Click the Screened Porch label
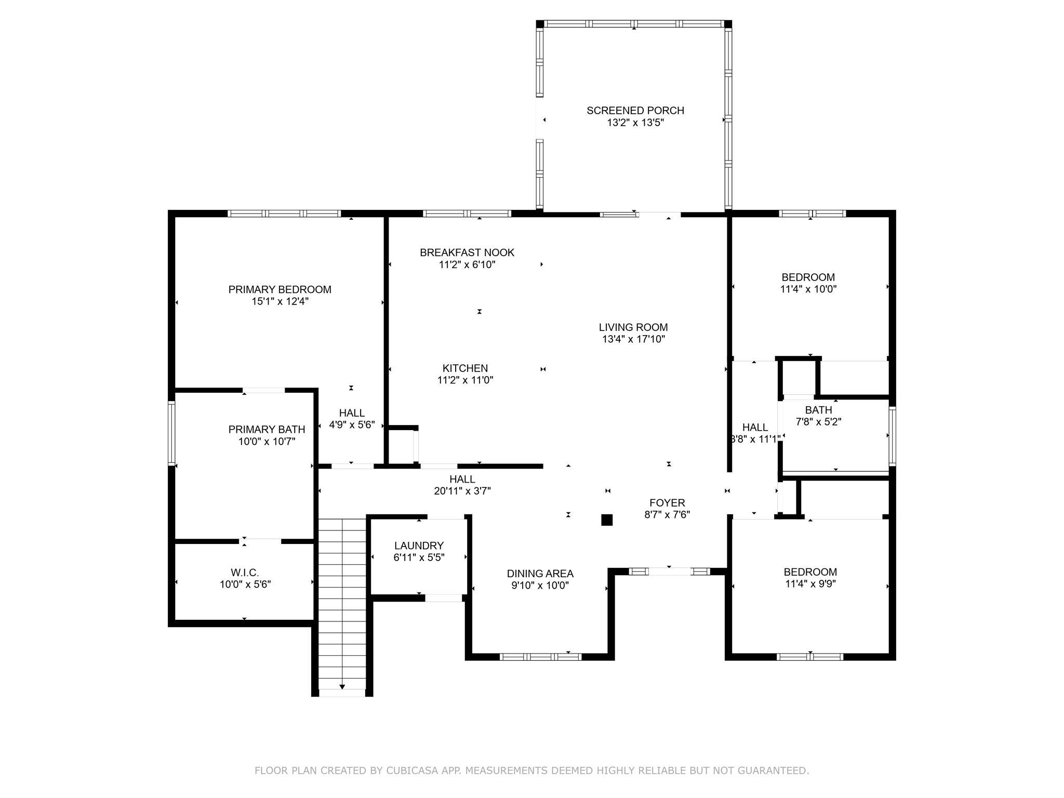coord(635,111)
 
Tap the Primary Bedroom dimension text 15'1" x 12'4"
coord(280,302)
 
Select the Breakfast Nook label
coord(467,252)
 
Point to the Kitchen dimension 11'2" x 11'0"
coord(465,380)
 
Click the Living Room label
coord(633,327)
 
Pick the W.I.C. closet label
coord(245,573)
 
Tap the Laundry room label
coord(419,546)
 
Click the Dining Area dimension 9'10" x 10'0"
coord(540,586)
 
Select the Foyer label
coord(667,503)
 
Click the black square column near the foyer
coord(607,520)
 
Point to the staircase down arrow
coord(342,687)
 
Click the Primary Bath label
coord(267,430)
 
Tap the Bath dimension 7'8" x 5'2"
coord(819,422)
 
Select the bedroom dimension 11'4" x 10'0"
coord(808,289)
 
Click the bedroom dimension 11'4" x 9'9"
coord(810,584)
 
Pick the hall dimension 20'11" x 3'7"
coord(462,491)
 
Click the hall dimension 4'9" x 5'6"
coord(352,425)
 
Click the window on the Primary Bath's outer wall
coord(171,432)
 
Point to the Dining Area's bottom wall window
coord(540,657)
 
